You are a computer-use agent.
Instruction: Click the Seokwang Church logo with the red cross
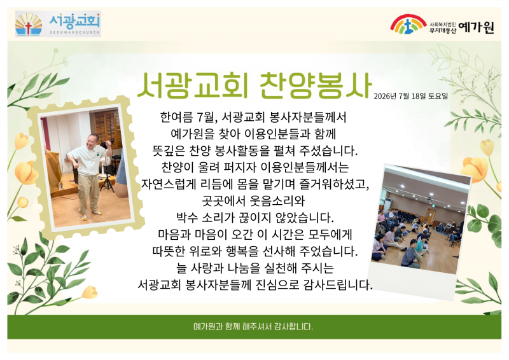pos(58,24)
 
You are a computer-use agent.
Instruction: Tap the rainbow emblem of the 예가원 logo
pos(408,24)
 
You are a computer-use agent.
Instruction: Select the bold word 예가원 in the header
pos(477,27)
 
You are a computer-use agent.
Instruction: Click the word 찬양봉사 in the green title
pos(316,85)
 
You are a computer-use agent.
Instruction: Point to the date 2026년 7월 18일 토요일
pos(410,96)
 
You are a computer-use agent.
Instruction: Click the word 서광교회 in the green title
pos(193,85)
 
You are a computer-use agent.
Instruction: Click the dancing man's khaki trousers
pos(88,193)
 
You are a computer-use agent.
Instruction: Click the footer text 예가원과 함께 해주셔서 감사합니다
pos(253,326)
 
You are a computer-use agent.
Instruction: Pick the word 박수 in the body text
pos(186,218)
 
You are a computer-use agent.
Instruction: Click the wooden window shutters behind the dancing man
pos(107,128)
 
